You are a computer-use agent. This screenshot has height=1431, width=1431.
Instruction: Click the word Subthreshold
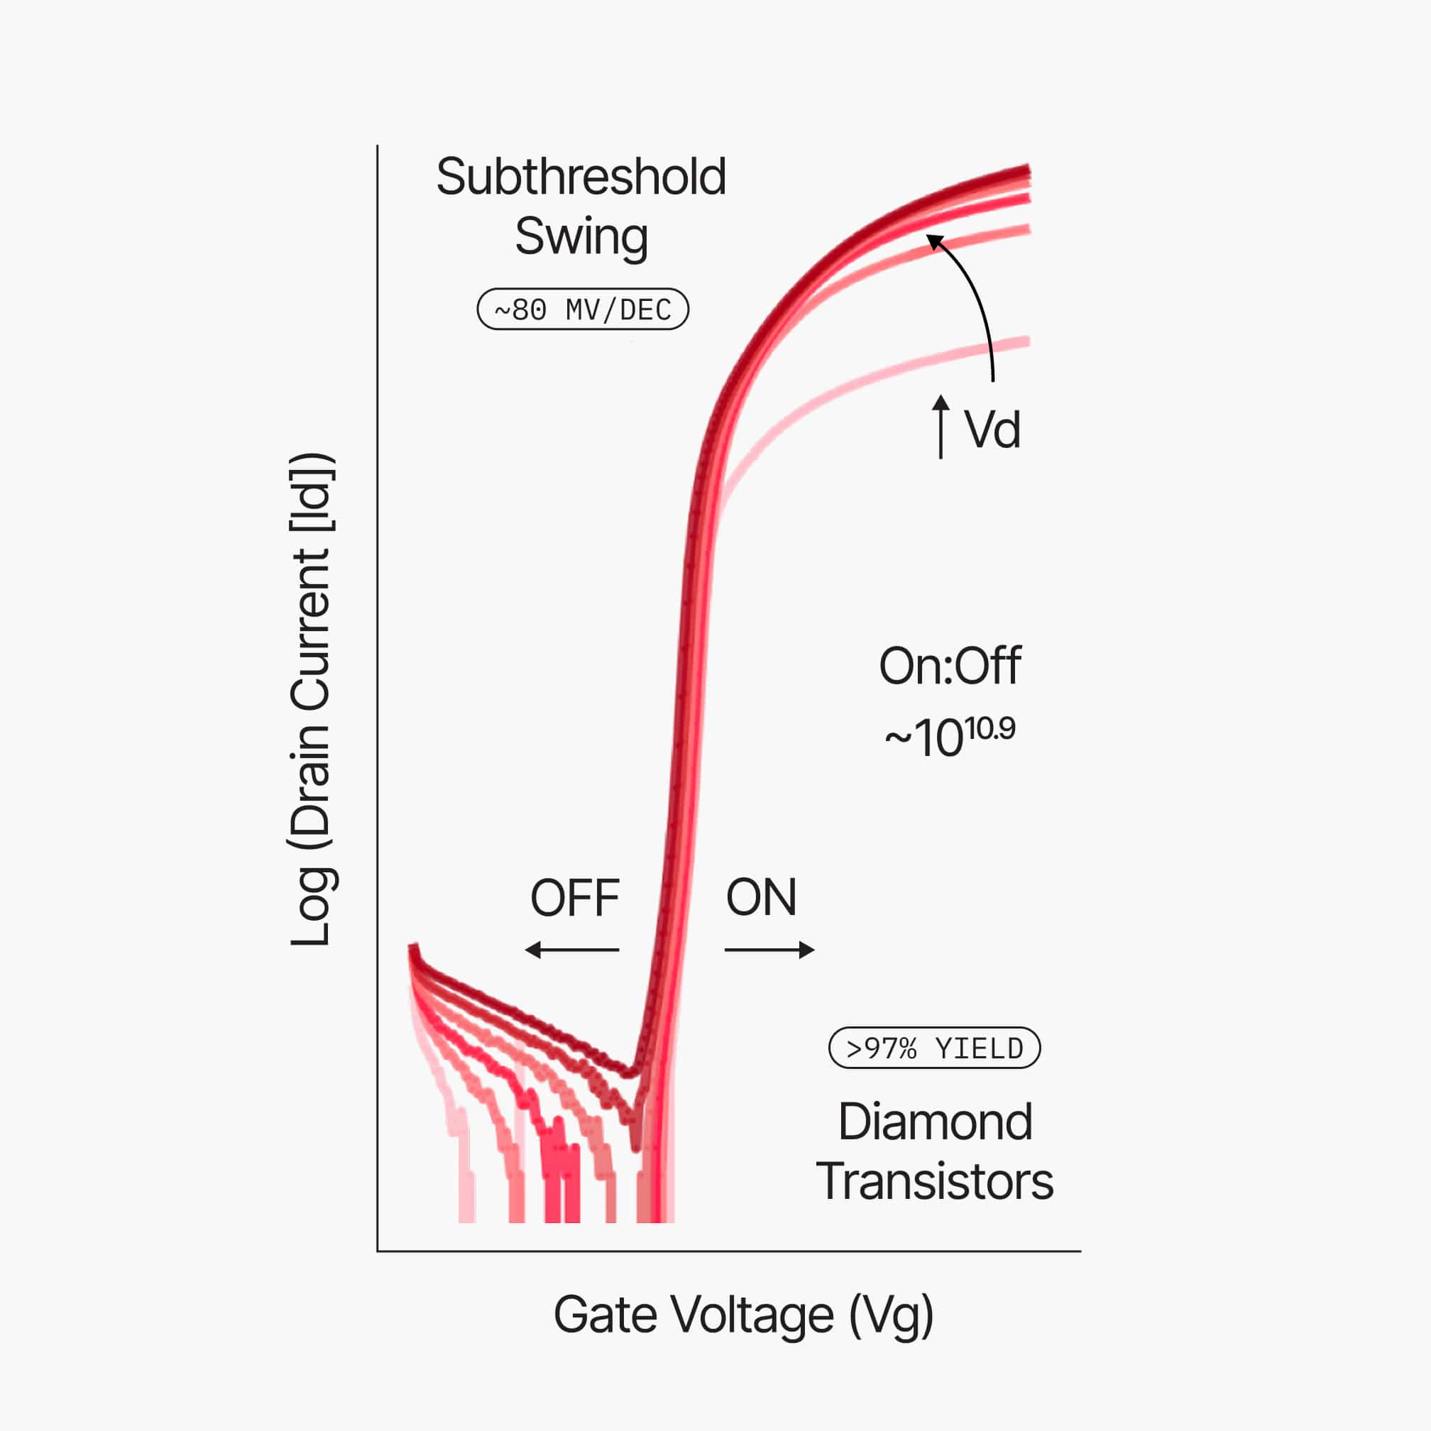(581, 177)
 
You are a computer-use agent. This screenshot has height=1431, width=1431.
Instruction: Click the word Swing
(581, 237)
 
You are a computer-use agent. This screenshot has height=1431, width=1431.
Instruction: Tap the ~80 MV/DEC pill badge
(582, 309)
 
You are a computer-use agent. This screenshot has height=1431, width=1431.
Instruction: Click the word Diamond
(935, 1122)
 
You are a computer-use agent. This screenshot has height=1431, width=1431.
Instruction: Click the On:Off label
(950, 666)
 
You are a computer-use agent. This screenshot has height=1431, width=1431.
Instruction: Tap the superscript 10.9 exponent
(989, 729)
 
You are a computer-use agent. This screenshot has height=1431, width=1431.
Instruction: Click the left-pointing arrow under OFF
(572, 950)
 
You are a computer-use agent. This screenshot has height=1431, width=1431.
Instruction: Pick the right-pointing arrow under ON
(769, 950)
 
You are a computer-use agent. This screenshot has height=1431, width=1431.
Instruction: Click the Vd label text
(992, 429)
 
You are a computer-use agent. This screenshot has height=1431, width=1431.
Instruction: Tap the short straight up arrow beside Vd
(941, 427)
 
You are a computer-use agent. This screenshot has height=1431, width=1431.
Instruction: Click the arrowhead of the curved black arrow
(936, 241)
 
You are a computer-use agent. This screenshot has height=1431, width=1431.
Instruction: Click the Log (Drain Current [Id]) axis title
(310, 699)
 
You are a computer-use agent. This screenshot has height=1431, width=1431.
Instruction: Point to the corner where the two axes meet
(378, 1251)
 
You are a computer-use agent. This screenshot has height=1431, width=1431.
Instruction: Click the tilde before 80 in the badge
(502, 309)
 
